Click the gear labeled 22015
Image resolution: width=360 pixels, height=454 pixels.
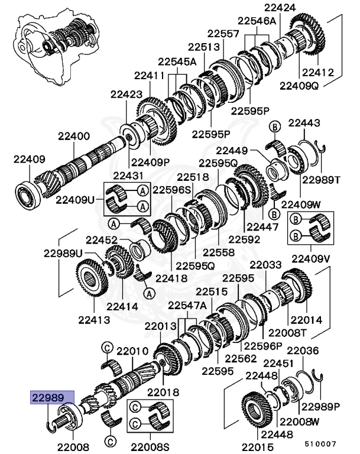click(x=258, y=408)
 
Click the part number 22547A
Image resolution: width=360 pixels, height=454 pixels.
click(x=187, y=305)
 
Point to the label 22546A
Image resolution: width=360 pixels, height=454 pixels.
click(x=257, y=20)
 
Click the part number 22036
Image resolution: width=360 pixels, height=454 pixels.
click(x=303, y=351)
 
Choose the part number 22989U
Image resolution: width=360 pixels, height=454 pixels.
click(x=62, y=253)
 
